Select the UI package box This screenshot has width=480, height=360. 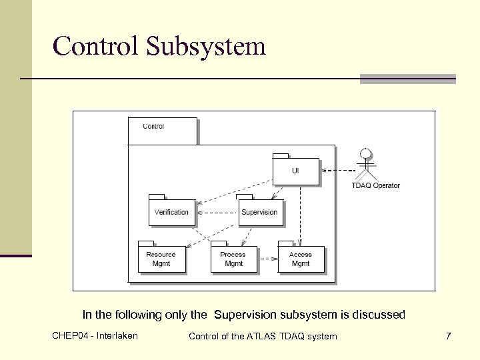point(295,171)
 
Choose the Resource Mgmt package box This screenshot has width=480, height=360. point(161,259)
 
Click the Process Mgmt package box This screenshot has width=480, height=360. point(233,259)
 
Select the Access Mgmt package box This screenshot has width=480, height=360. point(301,259)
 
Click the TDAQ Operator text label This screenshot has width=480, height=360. point(375,185)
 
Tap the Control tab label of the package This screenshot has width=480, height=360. point(154,126)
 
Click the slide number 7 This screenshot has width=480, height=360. point(449,336)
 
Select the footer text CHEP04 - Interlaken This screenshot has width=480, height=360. point(95,335)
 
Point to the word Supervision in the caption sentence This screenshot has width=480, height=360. point(245,315)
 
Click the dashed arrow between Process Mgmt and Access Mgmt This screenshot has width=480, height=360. point(267,259)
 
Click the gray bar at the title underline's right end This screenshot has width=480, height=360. point(407,79)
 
